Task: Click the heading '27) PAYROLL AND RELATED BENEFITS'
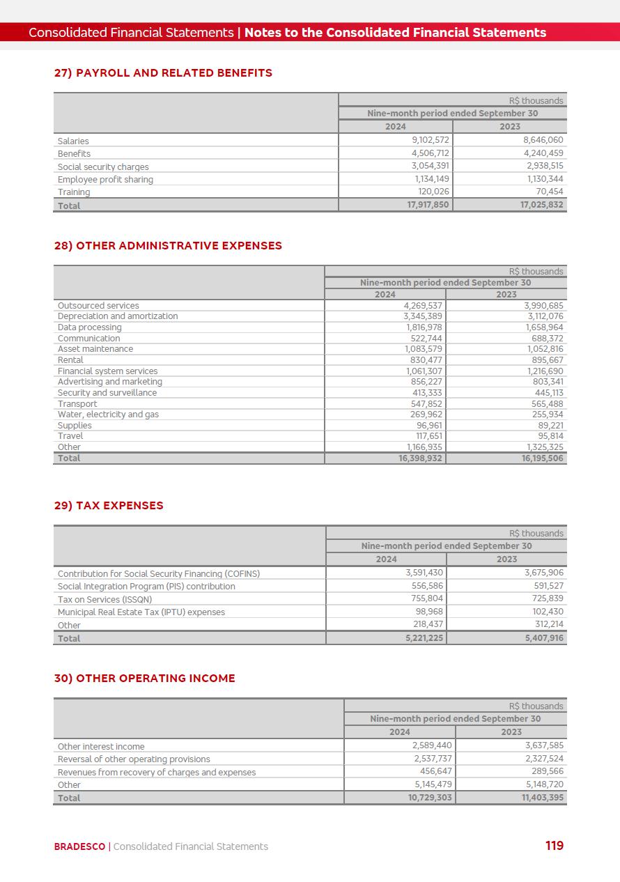163,72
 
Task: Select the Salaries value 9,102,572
430,140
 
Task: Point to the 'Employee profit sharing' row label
105,180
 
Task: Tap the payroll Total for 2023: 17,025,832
541,205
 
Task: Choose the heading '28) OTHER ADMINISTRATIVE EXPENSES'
168,245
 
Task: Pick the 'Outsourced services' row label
98,305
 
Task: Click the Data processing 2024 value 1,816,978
424,327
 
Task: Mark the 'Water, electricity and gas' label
108,415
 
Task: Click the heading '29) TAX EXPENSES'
109,506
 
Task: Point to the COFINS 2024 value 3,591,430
424,573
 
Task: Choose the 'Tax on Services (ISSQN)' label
104,600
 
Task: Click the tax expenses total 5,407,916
544,638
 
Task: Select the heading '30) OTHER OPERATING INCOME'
144,678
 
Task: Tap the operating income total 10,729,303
430,798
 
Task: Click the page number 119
555,846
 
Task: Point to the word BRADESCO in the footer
79,846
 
